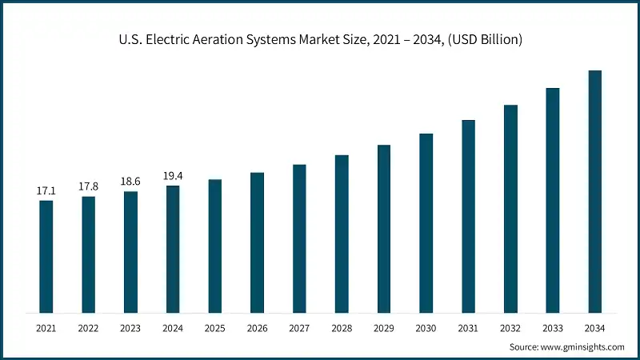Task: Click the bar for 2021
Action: [46, 256]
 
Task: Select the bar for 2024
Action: [173, 249]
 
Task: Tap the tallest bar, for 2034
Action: [595, 191]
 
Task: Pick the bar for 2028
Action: [342, 234]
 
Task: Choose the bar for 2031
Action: [469, 216]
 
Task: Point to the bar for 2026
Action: [257, 242]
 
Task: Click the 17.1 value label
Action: [46, 191]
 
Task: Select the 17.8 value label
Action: [88, 186]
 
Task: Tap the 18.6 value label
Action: [130, 182]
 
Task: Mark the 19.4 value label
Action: [173, 176]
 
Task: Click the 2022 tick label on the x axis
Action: [88, 328]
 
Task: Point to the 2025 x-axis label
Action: [214, 328]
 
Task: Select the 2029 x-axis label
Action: [384, 328]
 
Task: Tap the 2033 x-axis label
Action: [553, 328]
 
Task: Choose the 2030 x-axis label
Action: [426, 328]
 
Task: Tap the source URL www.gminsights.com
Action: [583, 347]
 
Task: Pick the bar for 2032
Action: [510, 208]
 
